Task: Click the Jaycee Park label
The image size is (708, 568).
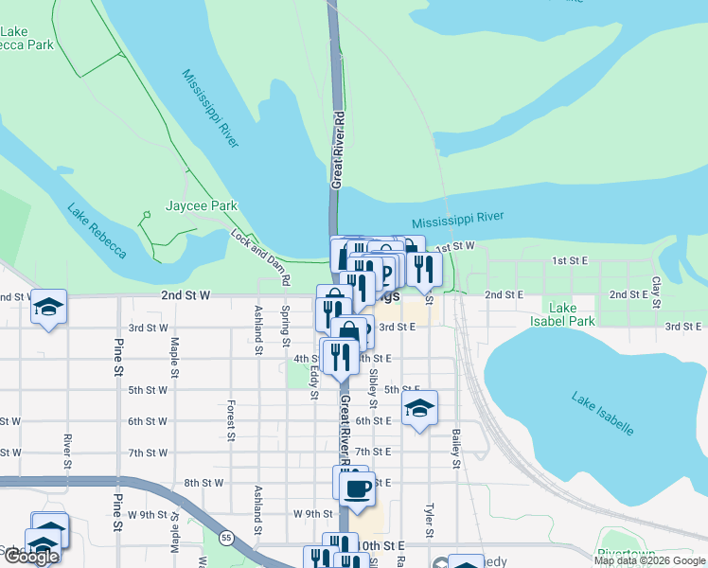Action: (x=201, y=205)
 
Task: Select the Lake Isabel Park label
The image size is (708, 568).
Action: (x=574, y=314)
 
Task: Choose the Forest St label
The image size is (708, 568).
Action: (x=230, y=419)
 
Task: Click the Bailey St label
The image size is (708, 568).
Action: (x=456, y=448)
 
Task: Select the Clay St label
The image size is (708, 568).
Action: (x=655, y=292)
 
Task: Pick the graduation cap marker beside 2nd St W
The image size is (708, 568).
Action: (x=49, y=307)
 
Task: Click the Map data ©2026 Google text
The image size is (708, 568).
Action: (x=648, y=560)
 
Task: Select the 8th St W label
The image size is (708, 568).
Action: (x=203, y=483)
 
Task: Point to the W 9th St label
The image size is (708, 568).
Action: (x=312, y=514)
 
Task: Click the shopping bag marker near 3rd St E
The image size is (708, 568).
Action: (x=350, y=330)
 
